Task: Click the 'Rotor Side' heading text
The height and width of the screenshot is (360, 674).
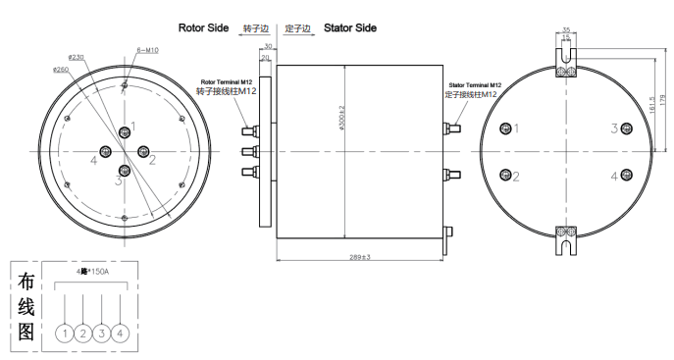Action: click(x=203, y=28)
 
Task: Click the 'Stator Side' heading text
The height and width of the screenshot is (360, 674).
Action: click(x=350, y=28)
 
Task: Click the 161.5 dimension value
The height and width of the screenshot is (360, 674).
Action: click(x=649, y=103)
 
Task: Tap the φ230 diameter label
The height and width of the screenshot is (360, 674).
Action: click(x=78, y=58)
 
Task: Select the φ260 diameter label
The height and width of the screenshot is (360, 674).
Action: click(x=61, y=71)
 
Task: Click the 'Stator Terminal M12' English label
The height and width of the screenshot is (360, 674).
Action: click(x=474, y=86)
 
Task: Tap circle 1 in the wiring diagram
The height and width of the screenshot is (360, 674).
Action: click(x=65, y=334)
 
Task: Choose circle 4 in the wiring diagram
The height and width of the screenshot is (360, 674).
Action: click(x=120, y=334)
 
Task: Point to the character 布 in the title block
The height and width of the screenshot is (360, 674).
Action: click(x=26, y=282)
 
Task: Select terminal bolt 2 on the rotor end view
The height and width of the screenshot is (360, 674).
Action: click(x=143, y=151)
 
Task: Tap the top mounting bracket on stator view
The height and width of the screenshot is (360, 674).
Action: click(x=566, y=62)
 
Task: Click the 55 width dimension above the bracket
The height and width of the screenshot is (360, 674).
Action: click(x=566, y=30)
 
